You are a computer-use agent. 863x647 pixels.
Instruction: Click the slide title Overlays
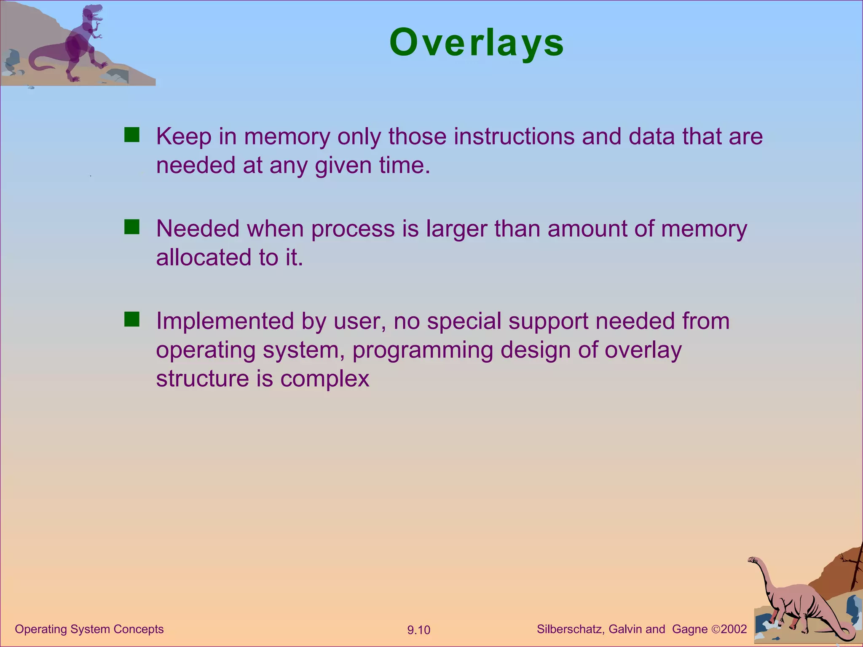477,43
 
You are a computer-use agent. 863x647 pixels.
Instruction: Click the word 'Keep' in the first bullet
183,136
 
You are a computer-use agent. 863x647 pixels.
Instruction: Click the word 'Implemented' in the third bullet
225,321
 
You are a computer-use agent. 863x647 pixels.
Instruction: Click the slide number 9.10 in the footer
418,630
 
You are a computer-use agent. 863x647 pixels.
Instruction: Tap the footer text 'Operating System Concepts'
89,629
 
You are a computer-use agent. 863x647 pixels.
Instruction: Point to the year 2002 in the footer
734,629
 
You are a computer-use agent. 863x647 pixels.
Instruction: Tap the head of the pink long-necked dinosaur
753,560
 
